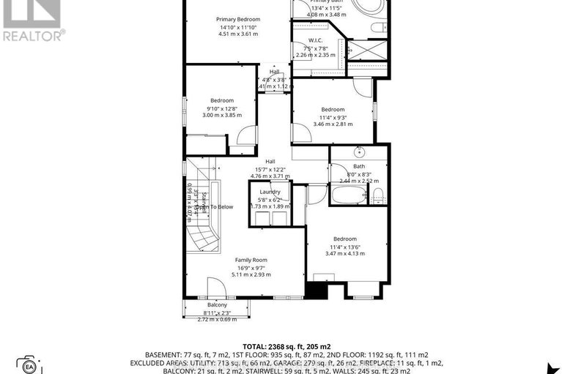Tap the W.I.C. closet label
pyautogui.click(x=315, y=40)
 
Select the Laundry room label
pyautogui.click(x=270, y=192)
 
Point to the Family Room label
pyautogui.click(x=251, y=260)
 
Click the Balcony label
pyautogui.click(x=217, y=304)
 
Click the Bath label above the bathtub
pyautogui.click(x=358, y=166)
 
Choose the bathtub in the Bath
pyautogui.click(x=347, y=195)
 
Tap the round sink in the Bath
pyautogui.click(x=358, y=153)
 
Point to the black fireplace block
pyautogui.click(x=316, y=290)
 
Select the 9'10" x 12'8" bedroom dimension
pyautogui.click(x=221, y=110)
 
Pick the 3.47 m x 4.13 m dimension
pyautogui.click(x=344, y=253)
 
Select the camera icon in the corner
pyautogui.click(x=29, y=364)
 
